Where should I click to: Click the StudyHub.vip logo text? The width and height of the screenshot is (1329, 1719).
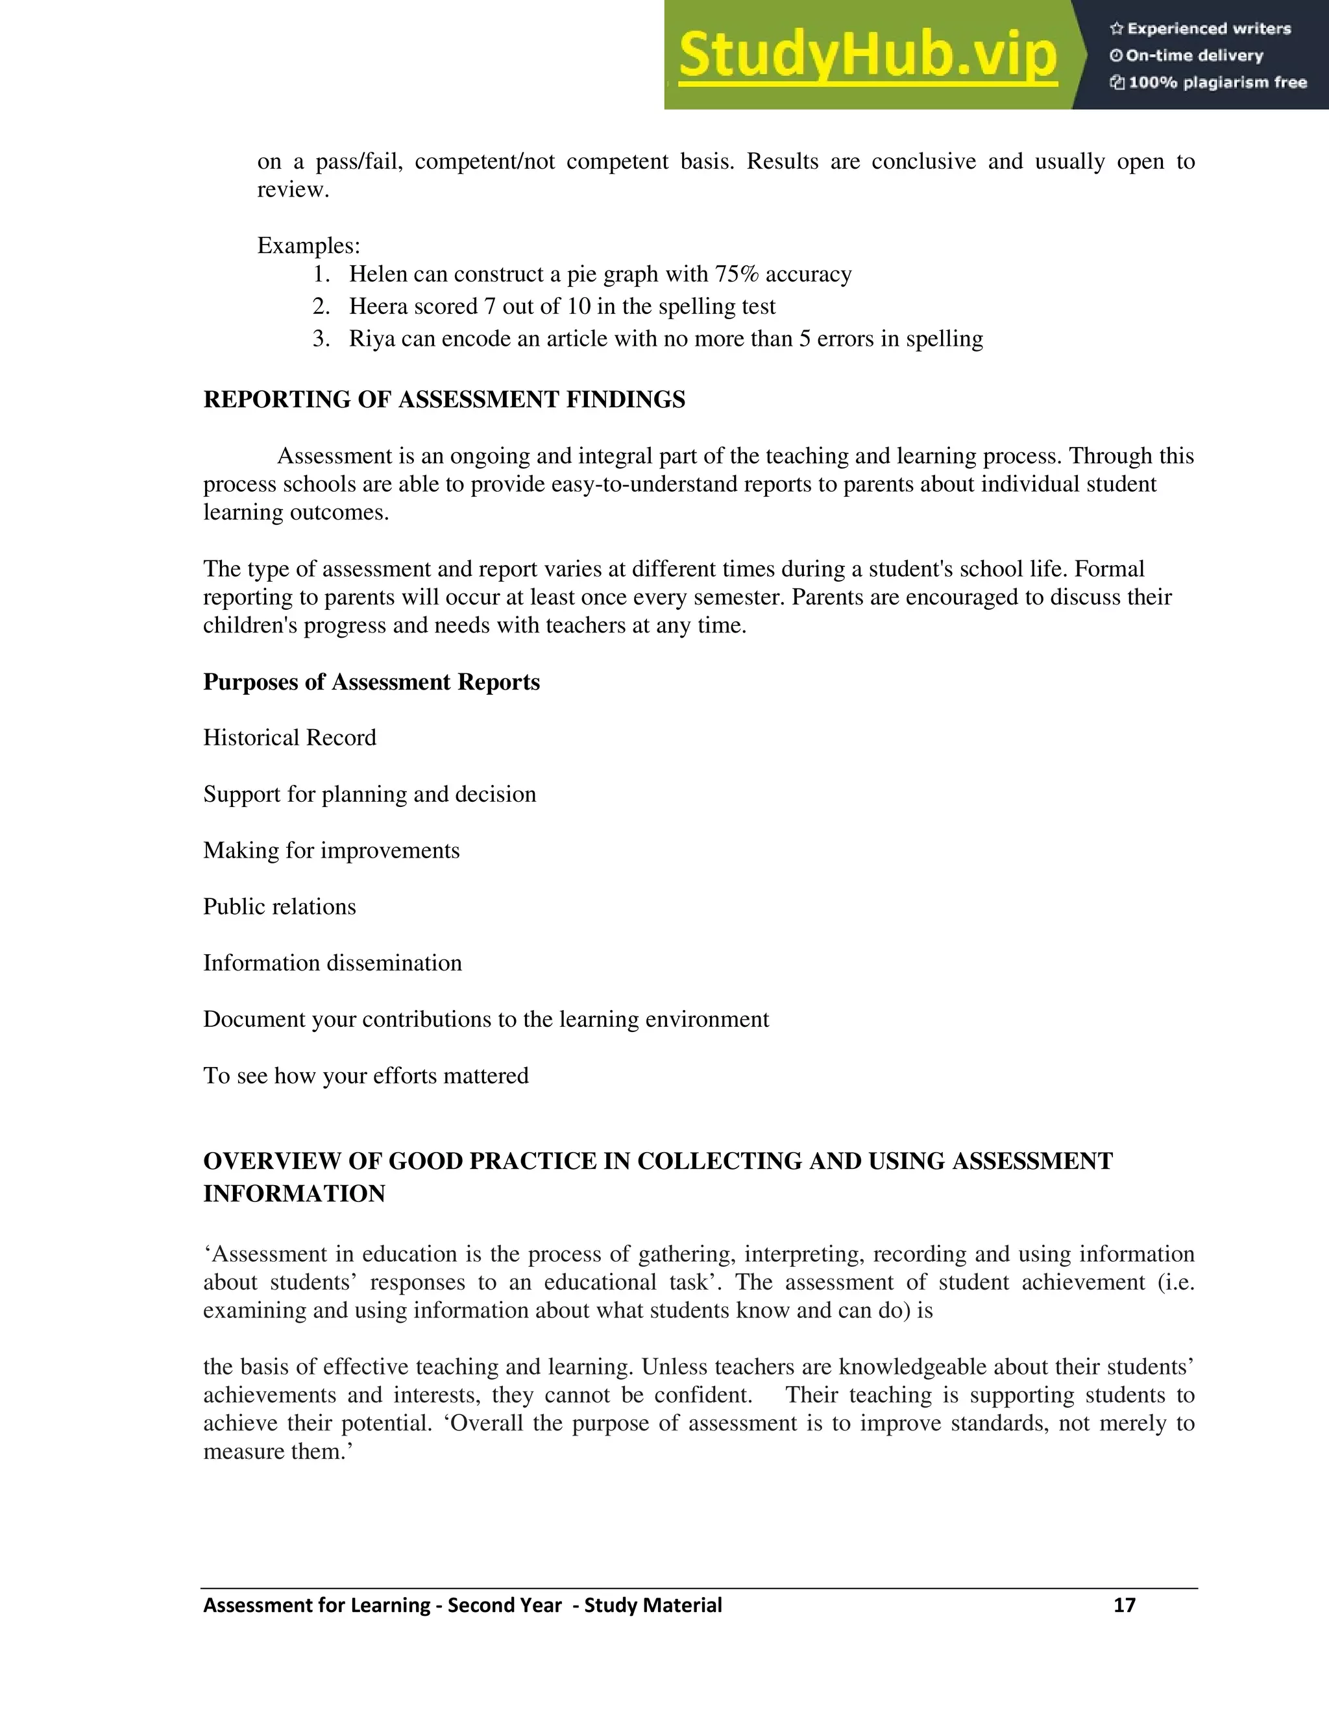pos(867,56)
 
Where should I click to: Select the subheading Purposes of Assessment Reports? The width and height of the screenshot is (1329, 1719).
pos(371,682)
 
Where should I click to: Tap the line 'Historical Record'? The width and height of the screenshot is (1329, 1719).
pos(289,738)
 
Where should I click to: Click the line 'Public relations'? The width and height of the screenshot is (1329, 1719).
pos(280,907)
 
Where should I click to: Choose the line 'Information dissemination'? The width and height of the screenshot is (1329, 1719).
pos(332,963)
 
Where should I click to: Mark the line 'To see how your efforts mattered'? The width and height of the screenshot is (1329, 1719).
pos(365,1076)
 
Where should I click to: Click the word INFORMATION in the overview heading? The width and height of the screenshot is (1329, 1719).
pos(294,1194)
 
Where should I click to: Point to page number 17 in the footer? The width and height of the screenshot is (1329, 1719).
pos(1125,1605)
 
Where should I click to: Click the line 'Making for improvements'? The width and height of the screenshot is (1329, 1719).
pos(331,851)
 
